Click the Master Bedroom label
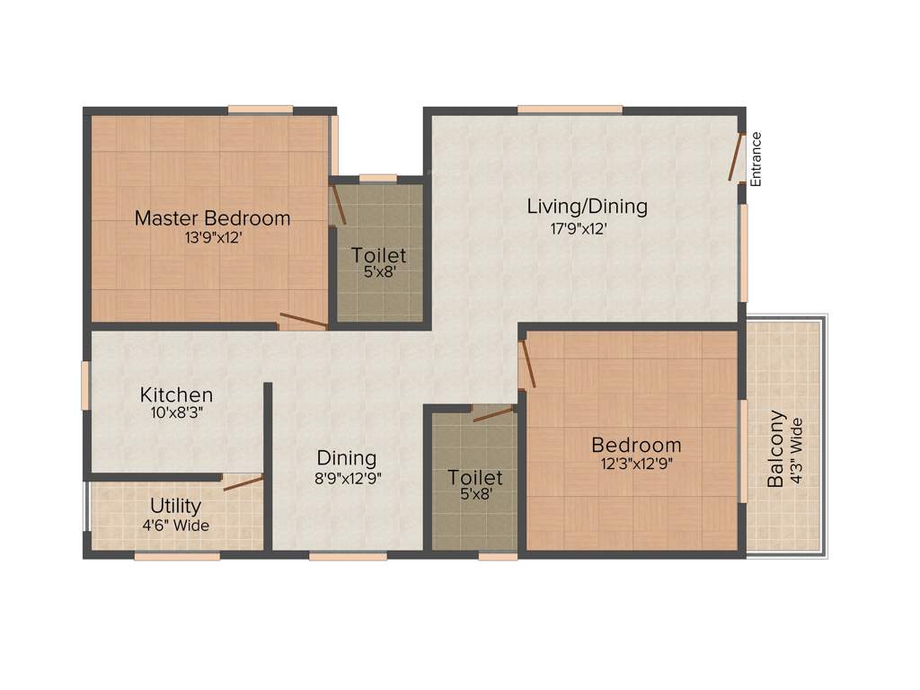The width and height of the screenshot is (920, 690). point(212,217)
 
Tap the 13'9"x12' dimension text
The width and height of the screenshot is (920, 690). point(213,238)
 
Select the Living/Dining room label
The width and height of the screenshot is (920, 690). point(587,206)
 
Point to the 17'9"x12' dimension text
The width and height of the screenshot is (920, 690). point(579,228)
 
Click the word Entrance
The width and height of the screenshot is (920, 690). point(756,159)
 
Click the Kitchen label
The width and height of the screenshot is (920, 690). point(176,394)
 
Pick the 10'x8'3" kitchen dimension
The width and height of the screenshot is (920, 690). point(176,414)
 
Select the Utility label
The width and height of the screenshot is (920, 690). point(175,506)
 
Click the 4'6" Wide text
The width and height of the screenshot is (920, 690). point(175,526)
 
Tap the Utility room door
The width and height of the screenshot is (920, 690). point(243,483)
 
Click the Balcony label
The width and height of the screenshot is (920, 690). point(776,449)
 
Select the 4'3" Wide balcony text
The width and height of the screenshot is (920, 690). point(795,452)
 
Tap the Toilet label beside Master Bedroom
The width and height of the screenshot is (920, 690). point(378,255)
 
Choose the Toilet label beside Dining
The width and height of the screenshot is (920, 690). point(475,477)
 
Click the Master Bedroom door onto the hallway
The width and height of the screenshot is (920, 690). point(303,319)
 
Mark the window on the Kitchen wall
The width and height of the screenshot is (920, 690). point(85,385)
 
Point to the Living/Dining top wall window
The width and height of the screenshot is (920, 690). point(570,110)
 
